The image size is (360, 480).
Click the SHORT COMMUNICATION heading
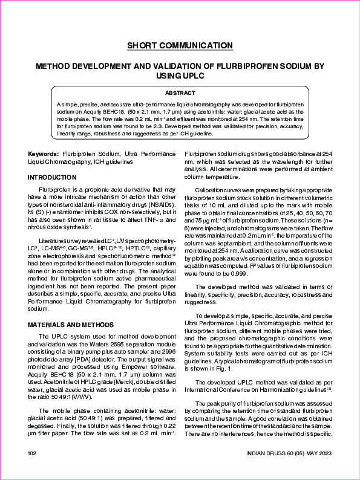pos(180,46)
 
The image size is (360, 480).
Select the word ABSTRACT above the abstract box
pos(180,93)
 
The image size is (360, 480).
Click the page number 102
pos(33,453)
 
